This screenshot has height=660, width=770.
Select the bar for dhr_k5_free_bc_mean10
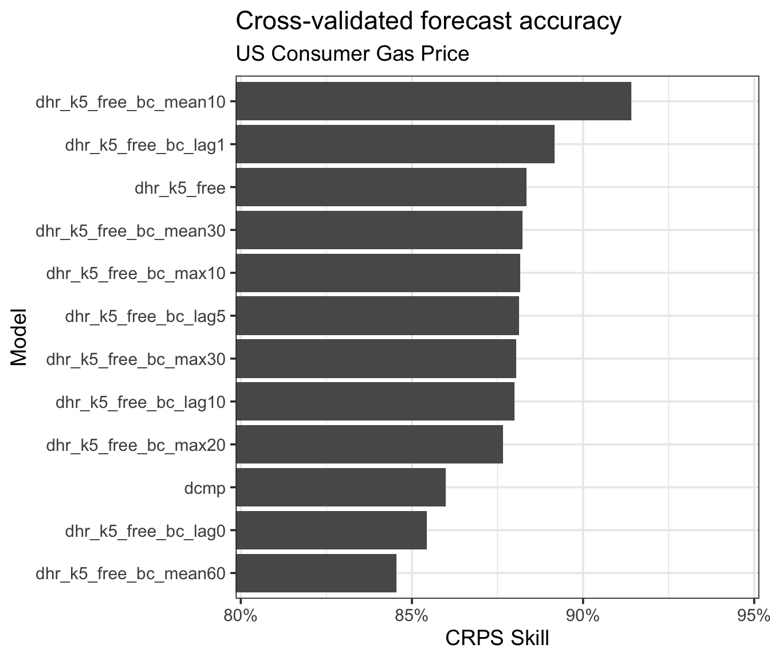coord(433,101)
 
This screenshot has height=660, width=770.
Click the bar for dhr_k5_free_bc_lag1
coord(395,144)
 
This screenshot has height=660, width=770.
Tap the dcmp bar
coord(340,488)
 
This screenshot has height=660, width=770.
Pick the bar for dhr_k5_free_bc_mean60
coord(316,573)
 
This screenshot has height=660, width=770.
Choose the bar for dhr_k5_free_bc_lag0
coord(331,531)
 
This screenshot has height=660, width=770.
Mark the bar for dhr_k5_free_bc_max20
coord(369,445)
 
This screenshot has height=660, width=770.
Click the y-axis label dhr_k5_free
coord(180,188)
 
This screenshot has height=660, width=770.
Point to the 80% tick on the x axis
coord(241,616)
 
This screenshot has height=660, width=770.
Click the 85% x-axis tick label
coord(412,616)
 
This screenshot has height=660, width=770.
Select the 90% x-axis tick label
coord(583,616)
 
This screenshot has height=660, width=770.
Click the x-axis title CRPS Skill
coord(497,638)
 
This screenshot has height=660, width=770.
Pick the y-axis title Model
coord(18,337)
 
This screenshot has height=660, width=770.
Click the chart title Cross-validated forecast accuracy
coord(428,22)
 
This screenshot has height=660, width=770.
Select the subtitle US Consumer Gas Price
coord(352,54)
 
